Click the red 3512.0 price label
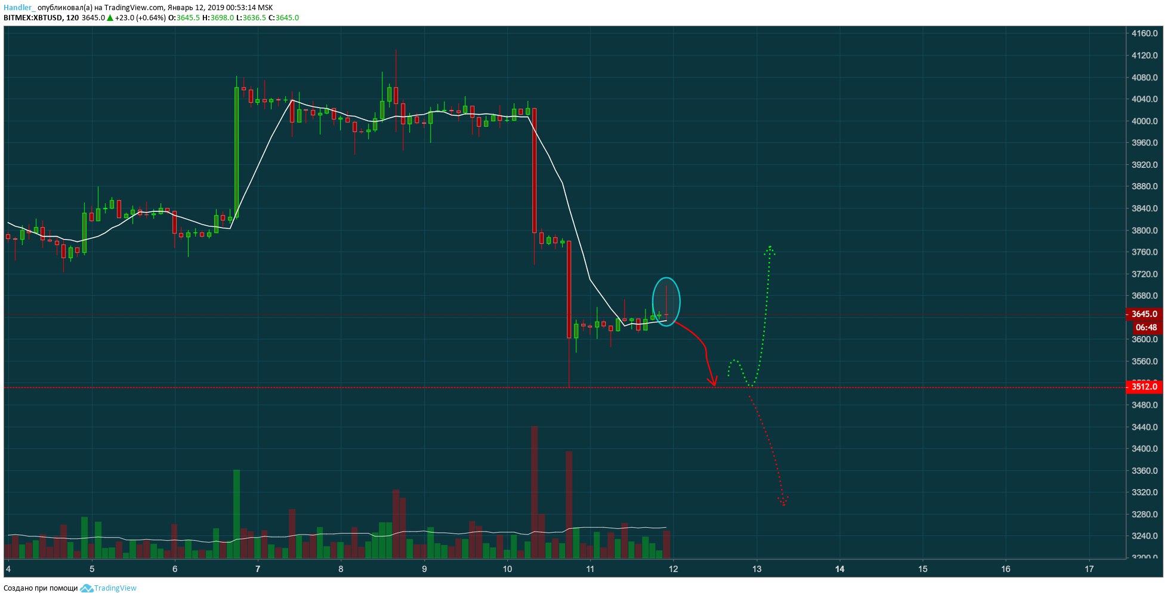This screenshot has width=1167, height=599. (1144, 387)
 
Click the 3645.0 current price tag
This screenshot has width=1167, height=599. (1144, 314)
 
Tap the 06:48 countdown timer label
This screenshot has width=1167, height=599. (1146, 327)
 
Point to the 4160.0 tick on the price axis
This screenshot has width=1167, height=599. (1144, 34)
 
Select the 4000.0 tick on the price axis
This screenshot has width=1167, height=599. (1144, 121)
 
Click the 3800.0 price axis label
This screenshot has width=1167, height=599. (1144, 231)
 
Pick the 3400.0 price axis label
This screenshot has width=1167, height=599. (1144, 449)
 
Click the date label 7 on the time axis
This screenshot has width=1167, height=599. (258, 569)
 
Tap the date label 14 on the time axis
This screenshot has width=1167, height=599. (839, 569)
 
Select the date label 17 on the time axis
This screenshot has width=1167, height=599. (1089, 569)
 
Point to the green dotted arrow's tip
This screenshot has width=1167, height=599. (770, 248)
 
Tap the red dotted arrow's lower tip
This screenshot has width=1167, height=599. (783, 504)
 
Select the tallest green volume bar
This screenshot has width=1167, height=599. (237, 514)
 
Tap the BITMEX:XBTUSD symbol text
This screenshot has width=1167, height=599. (33, 18)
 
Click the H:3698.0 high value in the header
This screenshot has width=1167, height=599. (218, 18)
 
